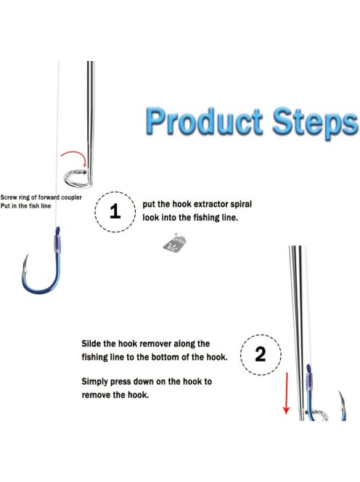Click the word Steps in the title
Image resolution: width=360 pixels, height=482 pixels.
tap(316, 123)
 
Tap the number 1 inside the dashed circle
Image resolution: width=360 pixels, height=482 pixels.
tap(115, 211)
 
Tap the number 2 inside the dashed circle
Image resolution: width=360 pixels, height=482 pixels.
tap(260, 354)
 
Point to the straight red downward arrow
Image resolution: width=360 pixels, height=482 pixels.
tap(286, 393)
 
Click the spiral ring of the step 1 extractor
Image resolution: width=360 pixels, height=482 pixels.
tap(77, 179)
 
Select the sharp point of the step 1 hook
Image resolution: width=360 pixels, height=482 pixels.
tap(27, 255)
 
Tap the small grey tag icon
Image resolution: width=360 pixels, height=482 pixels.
tap(174, 244)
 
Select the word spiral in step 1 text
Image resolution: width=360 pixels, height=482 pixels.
tap(242, 205)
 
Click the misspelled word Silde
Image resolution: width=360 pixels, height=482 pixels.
tap(91, 343)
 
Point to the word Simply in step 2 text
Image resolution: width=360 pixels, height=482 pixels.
tap(94, 382)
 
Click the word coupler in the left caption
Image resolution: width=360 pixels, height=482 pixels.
tap(71, 197)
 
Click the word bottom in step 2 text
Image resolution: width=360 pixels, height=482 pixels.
tap(172, 357)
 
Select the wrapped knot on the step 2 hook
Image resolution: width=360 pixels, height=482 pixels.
tap(309, 382)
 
